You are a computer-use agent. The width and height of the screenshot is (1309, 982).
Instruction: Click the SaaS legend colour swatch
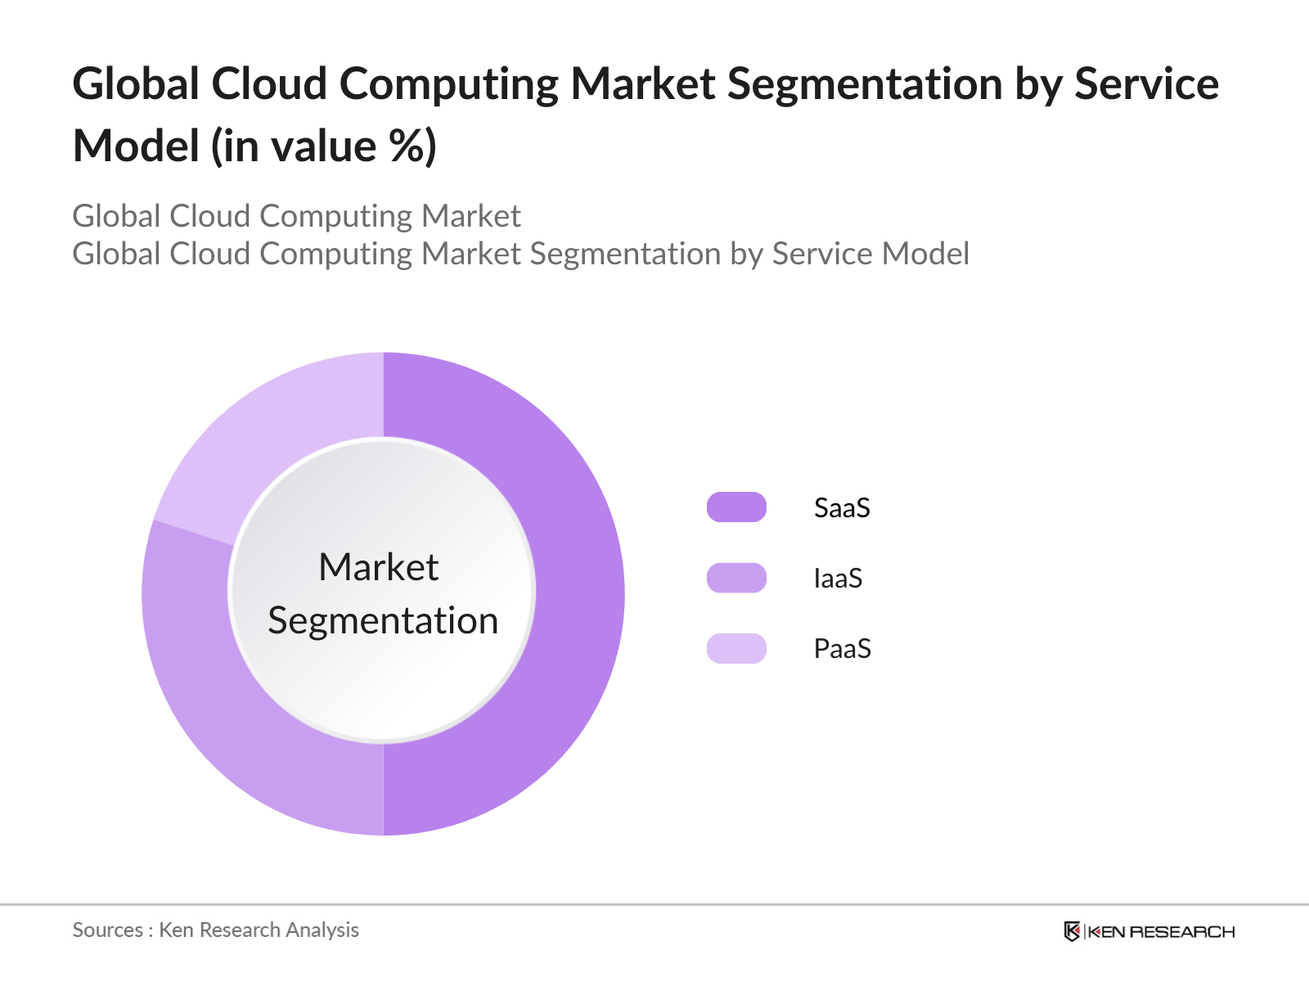pyautogui.click(x=736, y=507)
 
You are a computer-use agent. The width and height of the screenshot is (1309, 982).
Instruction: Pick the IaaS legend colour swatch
pyautogui.click(x=736, y=578)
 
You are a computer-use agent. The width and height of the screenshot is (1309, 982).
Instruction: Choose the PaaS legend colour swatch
pyautogui.click(x=736, y=648)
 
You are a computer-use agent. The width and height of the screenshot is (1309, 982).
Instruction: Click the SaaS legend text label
pyautogui.click(x=842, y=508)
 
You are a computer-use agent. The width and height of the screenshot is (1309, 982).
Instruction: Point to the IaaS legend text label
pyautogui.click(x=838, y=579)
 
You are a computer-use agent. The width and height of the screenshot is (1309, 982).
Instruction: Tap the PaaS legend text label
pyautogui.click(x=842, y=649)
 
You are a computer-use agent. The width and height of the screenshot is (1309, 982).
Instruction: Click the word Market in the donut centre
pyautogui.click(x=379, y=567)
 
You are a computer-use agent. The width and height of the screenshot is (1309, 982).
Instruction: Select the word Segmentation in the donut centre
pyautogui.click(x=383, y=620)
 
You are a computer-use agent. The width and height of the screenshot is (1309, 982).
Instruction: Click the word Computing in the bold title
pyautogui.click(x=448, y=84)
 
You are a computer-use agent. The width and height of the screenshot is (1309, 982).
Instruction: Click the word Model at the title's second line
pyautogui.click(x=137, y=146)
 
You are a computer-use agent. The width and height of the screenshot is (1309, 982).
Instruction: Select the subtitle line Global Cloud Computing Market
pyautogui.click(x=296, y=216)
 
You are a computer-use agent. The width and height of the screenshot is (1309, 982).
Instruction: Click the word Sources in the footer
pyautogui.click(x=107, y=930)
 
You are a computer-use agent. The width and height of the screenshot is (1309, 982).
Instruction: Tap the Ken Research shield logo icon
pyautogui.click(x=1072, y=931)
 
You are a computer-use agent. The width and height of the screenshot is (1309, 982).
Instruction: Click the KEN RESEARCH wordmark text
pyautogui.click(x=1161, y=931)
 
